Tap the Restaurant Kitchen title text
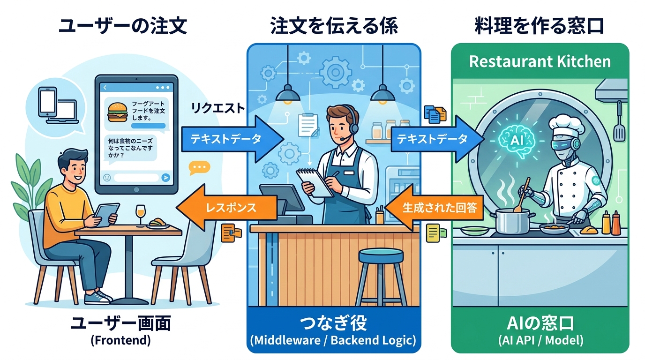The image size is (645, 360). click(x=540, y=61)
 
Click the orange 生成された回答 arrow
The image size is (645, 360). click(x=435, y=207)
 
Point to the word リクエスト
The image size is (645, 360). click(x=217, y=108)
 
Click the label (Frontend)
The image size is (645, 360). click(x=120, y=340)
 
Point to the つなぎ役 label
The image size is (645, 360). click(x=333, y=323)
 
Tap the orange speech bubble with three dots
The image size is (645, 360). click(x=199, y=168)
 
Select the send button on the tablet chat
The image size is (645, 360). click(x=165, y=177)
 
